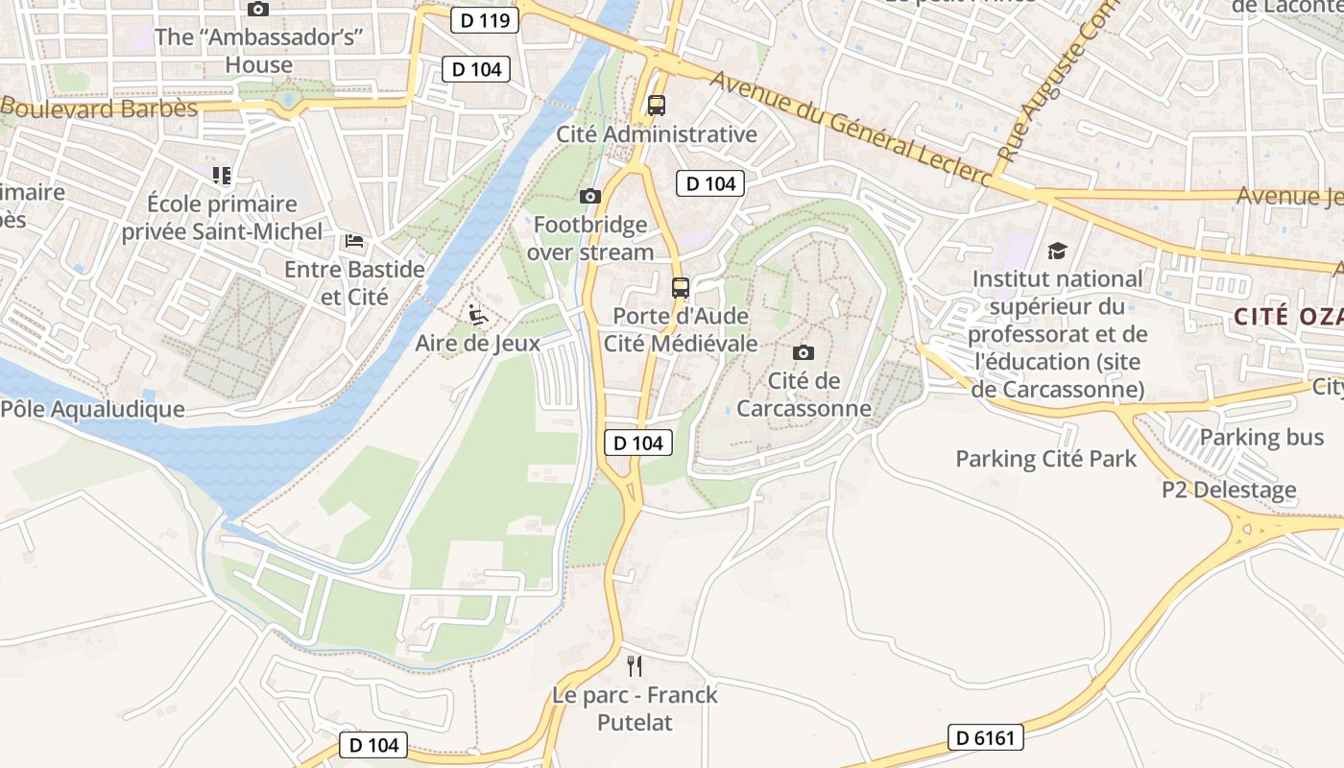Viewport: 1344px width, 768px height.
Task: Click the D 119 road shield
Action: (x=485, y=19)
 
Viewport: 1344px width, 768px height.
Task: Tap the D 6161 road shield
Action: (x=986, y=737)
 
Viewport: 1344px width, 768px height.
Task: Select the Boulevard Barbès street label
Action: (x=101, y=108)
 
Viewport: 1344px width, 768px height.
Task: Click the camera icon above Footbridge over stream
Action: (x=590, y=197)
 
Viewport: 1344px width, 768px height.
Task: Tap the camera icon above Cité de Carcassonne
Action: (x=804, y=352)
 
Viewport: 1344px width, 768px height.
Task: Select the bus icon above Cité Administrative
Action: (x=657, y=106)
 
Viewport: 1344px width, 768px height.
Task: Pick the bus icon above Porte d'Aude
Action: (x=681, y=287)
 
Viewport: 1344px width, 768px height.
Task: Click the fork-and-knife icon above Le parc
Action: (x=634, y=665)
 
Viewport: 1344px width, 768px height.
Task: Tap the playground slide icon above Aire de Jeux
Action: (x=477, y=314)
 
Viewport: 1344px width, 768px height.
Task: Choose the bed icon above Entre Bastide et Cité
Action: (x=354, y=240)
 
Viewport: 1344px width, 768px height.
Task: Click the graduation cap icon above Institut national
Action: (x=1057, y=251)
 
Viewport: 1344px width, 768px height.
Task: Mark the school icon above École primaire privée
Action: (x=222, y=176)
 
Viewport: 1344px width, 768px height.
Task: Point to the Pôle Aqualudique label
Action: (x=92, y=409)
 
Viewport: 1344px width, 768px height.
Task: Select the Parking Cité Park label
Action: (x=1045, y=459)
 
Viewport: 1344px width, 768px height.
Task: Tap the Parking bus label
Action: (x=1261, y=438)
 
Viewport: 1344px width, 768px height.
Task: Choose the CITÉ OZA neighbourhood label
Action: (x=1287, y=317)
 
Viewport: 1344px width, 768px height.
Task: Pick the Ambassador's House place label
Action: (x=258, y=51)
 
